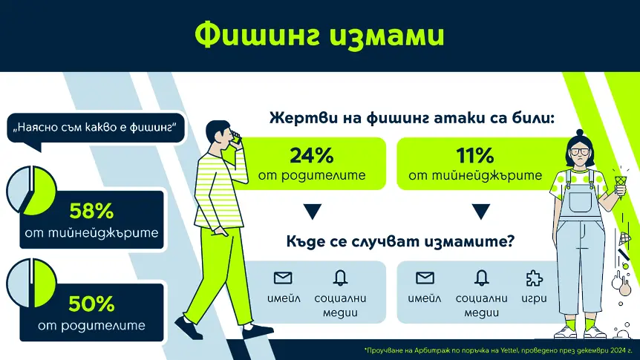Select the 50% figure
pyautogui.click(x=91, y=304)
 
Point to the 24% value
pyautogui.click(x=312, y=156)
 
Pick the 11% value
pyautogui.click(x=475, y=156)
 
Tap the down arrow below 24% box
pyautogui.click(x=312, y=212)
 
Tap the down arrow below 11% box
pyautogui.click(x=475, y=212)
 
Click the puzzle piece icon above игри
pyautogui.click(x=533, y=278)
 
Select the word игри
pyautogui.click(x=533, y=298)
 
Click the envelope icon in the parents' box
pyautogui.click(x=283, y=278)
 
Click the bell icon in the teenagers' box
pyautogui.click(x=481, y=278)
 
